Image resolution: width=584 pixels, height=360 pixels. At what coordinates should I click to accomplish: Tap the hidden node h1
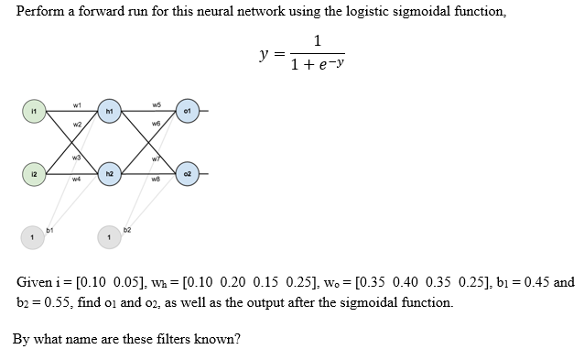pos(108,113)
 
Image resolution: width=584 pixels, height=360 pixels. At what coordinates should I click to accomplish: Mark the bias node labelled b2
pos(108,238)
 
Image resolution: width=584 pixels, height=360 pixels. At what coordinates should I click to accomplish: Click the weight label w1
pos(76,104)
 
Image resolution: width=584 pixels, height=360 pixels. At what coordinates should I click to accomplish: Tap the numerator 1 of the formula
pos(317,40)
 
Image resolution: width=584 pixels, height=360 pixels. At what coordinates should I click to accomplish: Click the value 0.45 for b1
pos(535,282)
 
